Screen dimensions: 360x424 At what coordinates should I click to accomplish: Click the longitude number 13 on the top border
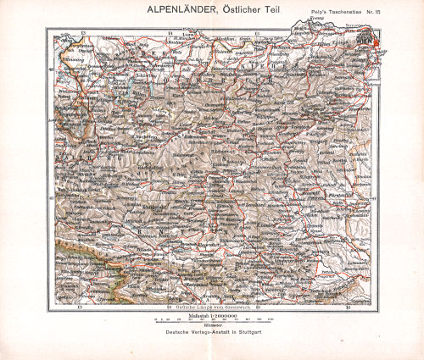(82, 31)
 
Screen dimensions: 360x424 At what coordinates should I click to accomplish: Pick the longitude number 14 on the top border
(170, 31)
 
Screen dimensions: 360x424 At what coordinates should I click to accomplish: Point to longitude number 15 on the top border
(258, 31)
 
